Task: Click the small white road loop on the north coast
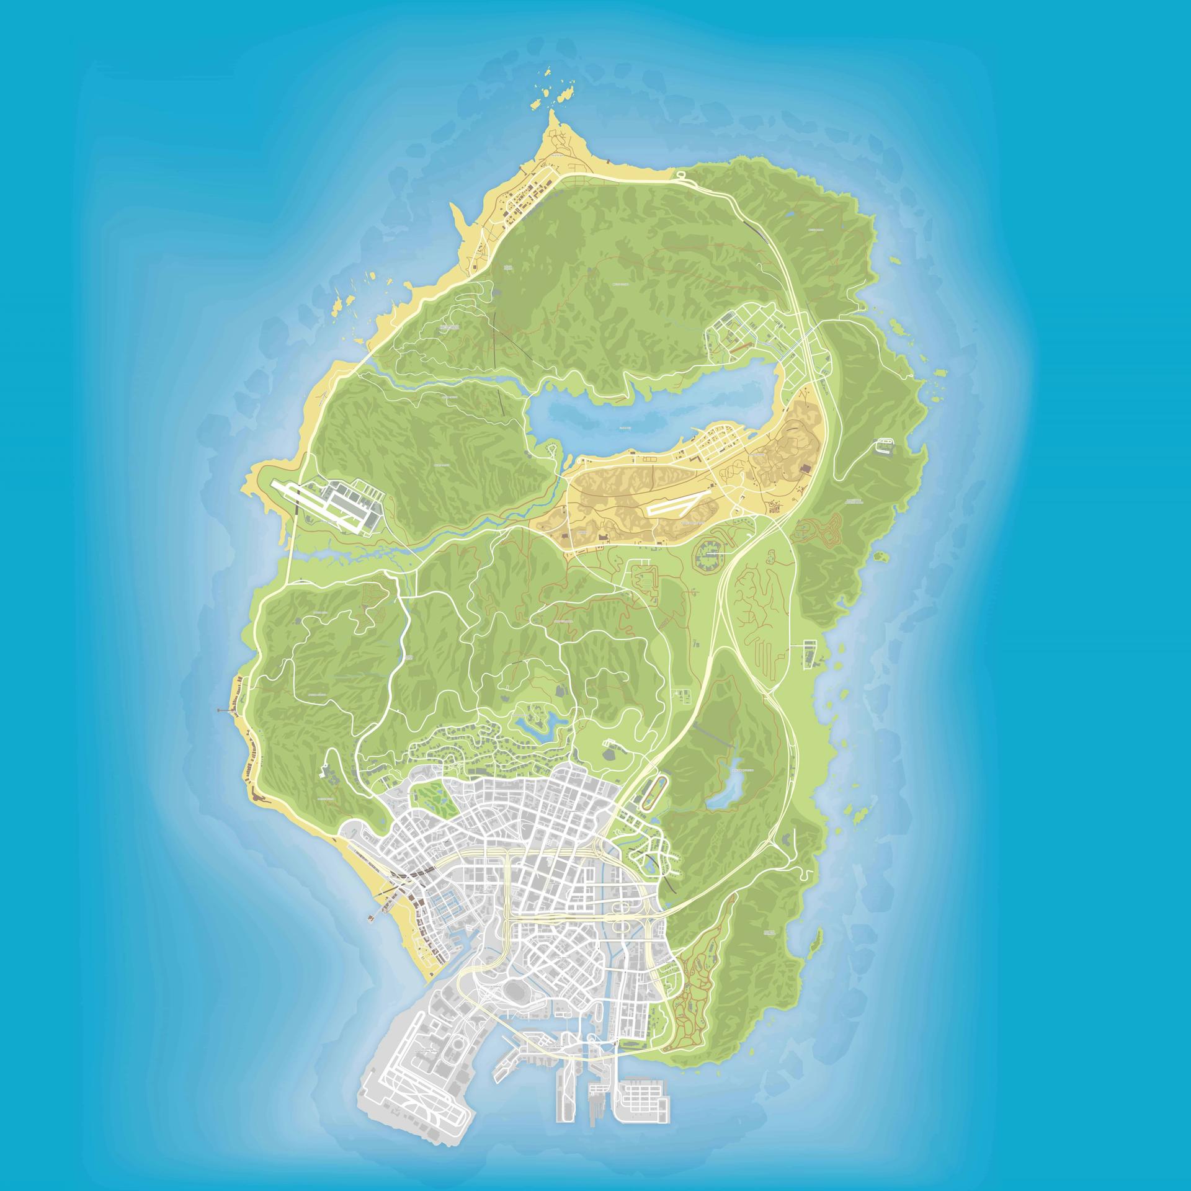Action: (680, 175)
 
